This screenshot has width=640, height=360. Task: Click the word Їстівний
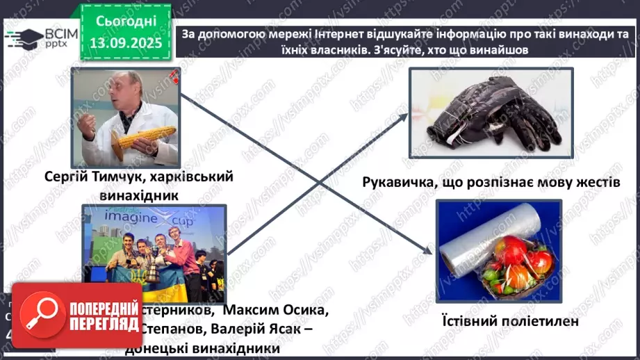coord(468,322)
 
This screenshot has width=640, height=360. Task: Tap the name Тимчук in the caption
coord(129,177)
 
